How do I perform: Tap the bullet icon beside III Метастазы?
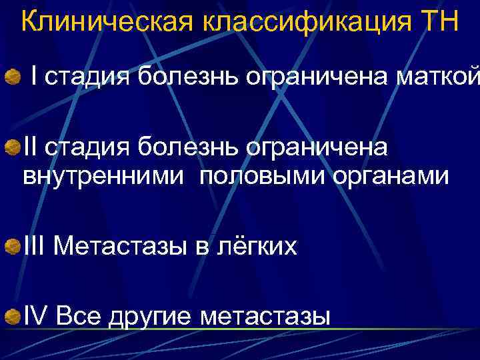(x=11, y=248)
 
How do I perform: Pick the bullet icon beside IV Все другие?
(x=11, y=314)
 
